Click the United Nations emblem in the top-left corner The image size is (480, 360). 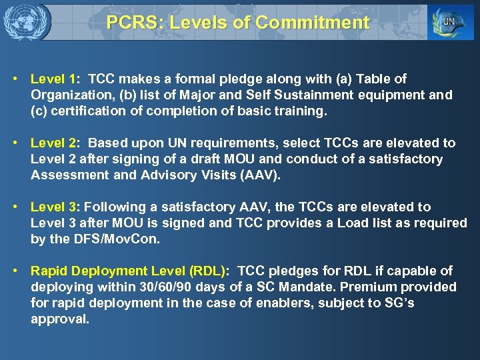tap(26, 22)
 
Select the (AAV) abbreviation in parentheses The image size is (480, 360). tap(264, 175)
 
